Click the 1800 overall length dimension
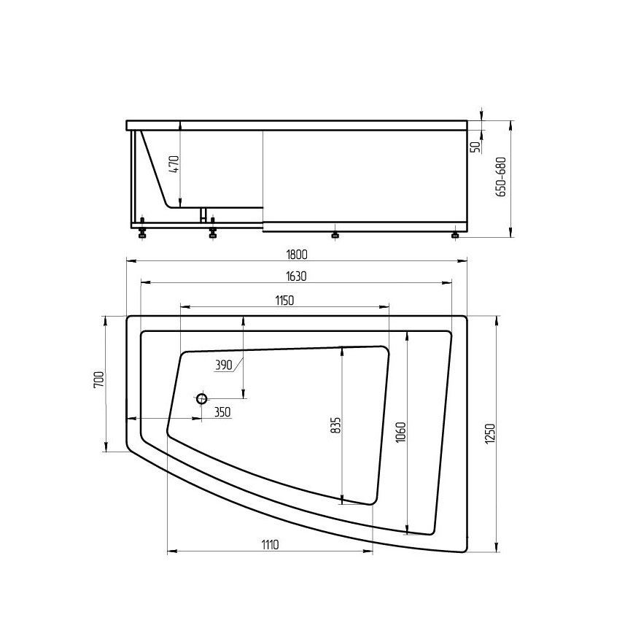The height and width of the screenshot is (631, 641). [296, 255]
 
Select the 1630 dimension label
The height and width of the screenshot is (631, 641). [296, 276]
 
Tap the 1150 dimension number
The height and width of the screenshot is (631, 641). [284, 301]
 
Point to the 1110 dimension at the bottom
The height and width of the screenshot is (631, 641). [270, 545]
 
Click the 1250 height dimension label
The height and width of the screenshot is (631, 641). [491, 434]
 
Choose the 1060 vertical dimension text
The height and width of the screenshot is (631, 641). [400, 433]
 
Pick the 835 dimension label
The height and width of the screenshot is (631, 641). [335, 425]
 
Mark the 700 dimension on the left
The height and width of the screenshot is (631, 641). [99, 379]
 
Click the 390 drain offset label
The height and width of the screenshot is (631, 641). [224, 365]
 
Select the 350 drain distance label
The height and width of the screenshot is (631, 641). [222, 412]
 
